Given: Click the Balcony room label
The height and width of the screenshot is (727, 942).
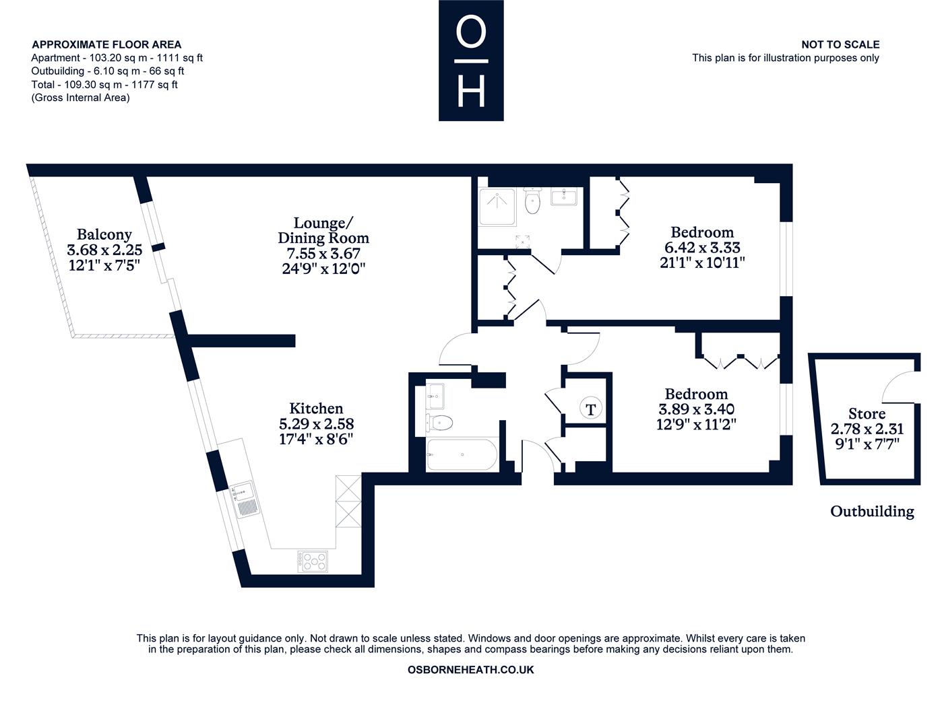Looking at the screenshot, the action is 104,235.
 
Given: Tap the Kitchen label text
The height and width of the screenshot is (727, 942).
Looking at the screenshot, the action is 316,409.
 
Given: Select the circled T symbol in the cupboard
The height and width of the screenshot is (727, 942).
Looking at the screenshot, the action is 590,409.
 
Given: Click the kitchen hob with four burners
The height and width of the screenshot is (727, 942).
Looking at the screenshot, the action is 313,561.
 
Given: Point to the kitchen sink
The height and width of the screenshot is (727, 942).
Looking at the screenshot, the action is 245,499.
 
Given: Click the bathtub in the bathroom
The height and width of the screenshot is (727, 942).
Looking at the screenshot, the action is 462,454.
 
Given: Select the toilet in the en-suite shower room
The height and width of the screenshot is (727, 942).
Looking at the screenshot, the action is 532,201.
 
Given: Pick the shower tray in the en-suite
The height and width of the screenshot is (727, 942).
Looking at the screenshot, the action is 497,207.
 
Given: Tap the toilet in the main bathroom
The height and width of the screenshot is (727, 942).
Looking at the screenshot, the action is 439,423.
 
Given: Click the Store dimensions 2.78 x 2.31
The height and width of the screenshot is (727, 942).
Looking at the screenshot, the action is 867,429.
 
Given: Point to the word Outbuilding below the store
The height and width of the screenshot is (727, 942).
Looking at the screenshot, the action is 872,512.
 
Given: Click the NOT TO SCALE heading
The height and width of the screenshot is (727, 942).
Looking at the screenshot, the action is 840,44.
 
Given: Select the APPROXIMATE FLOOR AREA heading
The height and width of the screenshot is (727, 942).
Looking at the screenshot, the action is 106,44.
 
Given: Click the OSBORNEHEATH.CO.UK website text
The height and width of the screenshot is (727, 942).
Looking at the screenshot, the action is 471,670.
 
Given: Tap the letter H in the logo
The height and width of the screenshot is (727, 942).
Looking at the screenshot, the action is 471,92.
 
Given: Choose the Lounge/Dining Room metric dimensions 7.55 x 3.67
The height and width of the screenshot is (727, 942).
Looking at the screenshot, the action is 323,253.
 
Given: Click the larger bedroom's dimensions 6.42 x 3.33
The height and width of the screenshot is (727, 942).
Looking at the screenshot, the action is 702,248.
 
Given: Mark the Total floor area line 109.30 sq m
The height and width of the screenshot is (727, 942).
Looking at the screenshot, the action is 104,84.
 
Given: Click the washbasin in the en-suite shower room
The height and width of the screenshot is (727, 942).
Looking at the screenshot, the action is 563,197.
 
